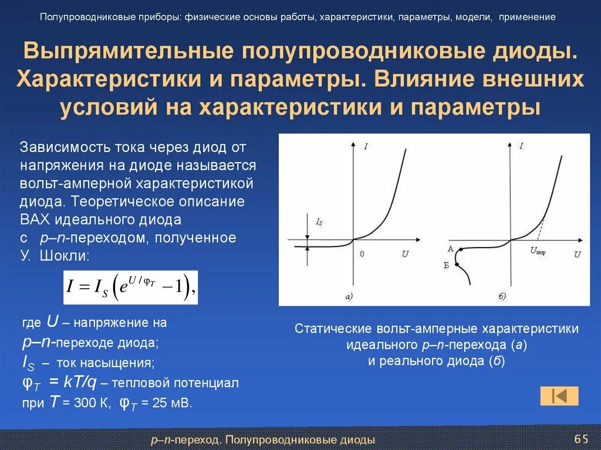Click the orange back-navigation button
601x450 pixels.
(559, 396)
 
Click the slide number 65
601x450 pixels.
(581, 439)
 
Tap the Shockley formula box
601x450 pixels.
(130, 287)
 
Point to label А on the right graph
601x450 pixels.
(450, 249)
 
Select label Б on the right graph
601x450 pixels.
(447, 266)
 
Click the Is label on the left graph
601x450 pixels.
(319, 222)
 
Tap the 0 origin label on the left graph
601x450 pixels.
(362, 253)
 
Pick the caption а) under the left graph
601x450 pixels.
(348, 297)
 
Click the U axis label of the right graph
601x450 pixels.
(577, 254)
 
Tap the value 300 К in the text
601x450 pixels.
(86, 402)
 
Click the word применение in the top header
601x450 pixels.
(527, 17)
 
